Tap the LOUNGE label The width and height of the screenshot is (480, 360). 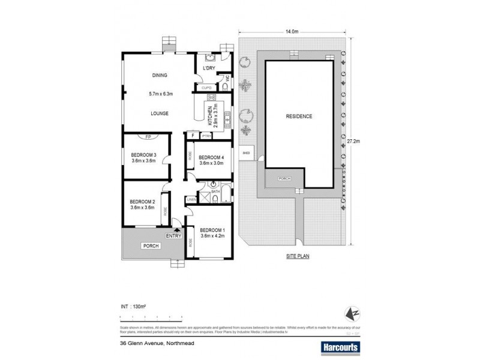(159, 112)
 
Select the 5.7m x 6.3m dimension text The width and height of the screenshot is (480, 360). (160, 94)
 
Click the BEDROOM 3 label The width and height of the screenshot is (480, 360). (143, 154)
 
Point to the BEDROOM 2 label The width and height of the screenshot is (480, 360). (143, 202)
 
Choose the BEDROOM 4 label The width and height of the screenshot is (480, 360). (211, 157)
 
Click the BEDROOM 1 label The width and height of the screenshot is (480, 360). (211, 230)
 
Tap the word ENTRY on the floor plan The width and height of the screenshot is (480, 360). (174, 236)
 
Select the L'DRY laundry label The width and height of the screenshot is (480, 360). (209, 68)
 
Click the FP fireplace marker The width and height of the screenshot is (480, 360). (147, 136)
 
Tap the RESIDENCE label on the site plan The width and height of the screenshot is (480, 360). (299, 116)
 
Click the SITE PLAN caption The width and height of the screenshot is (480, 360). (294, 256)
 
